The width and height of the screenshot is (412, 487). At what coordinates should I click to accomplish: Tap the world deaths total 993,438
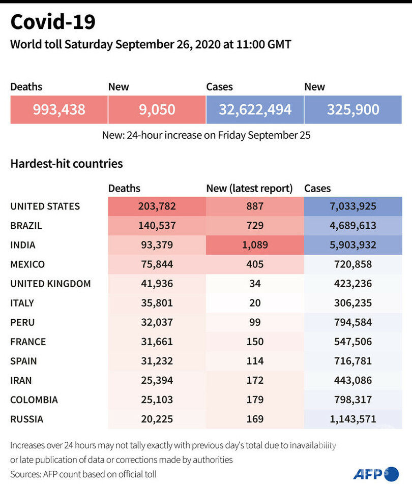tap(59, 109)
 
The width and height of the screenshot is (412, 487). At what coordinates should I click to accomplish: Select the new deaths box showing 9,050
tap(157, 109)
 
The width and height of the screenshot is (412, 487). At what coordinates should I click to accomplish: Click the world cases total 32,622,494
tap(255, 109)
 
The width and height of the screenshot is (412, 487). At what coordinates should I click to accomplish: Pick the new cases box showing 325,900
tap(353, 109)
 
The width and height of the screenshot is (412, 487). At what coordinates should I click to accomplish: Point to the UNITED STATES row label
tap(45, 206)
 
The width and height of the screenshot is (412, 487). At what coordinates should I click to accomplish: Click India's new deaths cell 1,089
tap(255, 245)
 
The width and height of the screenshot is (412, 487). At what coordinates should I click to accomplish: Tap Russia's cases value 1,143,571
tap(353, 419)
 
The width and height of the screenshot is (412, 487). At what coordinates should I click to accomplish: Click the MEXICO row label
tap(27, 264)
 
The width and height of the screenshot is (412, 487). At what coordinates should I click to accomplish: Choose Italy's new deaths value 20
tap(255, 303)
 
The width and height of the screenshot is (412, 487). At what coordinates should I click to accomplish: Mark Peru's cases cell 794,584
tap(353, 322)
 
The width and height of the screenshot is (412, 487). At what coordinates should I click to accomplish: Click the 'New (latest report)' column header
tap(249, 189)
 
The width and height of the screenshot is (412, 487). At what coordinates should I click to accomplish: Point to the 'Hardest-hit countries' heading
tap(66, 164)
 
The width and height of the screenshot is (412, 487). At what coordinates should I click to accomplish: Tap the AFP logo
tap(375, 473)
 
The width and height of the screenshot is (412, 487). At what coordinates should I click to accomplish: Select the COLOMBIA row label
tap(34, 400)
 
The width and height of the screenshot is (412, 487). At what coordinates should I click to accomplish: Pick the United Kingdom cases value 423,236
tap(353, 284)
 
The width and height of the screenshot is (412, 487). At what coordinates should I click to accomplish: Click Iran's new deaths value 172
tap(255, 380)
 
